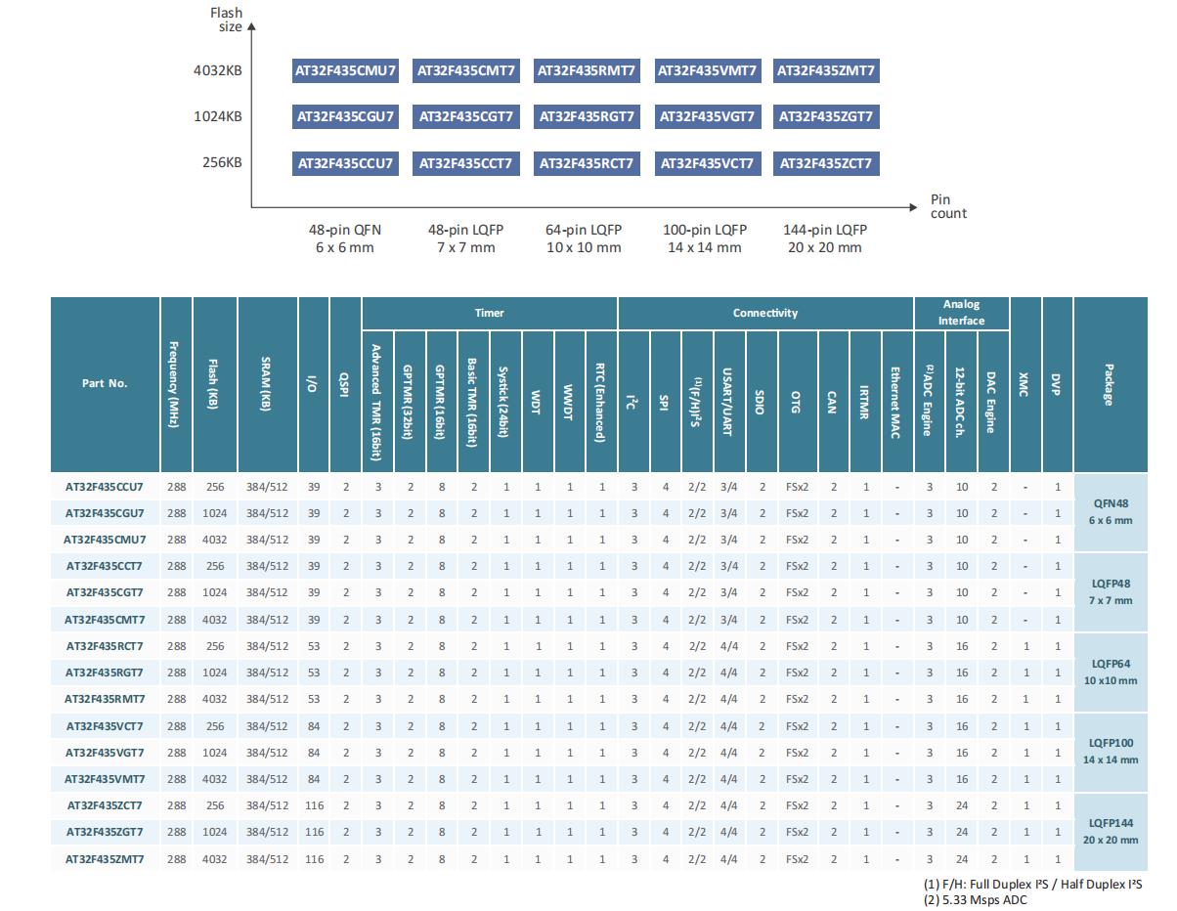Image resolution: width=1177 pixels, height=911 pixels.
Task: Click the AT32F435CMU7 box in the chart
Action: click(346, 70)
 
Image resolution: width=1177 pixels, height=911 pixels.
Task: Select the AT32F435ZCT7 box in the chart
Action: click(825, 163)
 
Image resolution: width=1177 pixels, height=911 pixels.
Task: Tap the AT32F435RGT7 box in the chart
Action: click(587, 117)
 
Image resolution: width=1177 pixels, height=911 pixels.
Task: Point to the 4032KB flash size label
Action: click(218, 70)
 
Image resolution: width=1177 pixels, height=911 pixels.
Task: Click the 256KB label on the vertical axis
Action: click(222, 163)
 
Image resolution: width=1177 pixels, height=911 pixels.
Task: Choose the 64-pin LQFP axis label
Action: click(584, 239)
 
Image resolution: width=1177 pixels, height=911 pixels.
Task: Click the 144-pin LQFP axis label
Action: click(824, 239)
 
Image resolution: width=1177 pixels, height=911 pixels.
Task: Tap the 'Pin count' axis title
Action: click(948, 206)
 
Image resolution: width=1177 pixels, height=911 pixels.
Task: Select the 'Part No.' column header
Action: click(105, 383)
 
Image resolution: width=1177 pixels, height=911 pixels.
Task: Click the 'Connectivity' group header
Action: click(765, 313)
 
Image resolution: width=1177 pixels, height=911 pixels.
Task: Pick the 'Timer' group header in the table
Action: click(490, 313)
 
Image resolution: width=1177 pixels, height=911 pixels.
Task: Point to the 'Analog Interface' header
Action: click(961, 313)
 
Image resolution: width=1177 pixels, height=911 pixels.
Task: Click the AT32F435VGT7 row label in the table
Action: click(105, 753)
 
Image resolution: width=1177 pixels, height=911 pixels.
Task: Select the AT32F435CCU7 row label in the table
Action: click(105, 486)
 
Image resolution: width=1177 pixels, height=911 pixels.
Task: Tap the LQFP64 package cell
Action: click(1111, 672)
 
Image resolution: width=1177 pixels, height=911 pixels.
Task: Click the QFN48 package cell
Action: click(1111, 512)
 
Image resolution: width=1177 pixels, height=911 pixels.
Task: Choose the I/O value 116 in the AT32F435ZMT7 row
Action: click(314, 859)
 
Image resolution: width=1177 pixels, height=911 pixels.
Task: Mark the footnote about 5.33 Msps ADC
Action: click(975, 900)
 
